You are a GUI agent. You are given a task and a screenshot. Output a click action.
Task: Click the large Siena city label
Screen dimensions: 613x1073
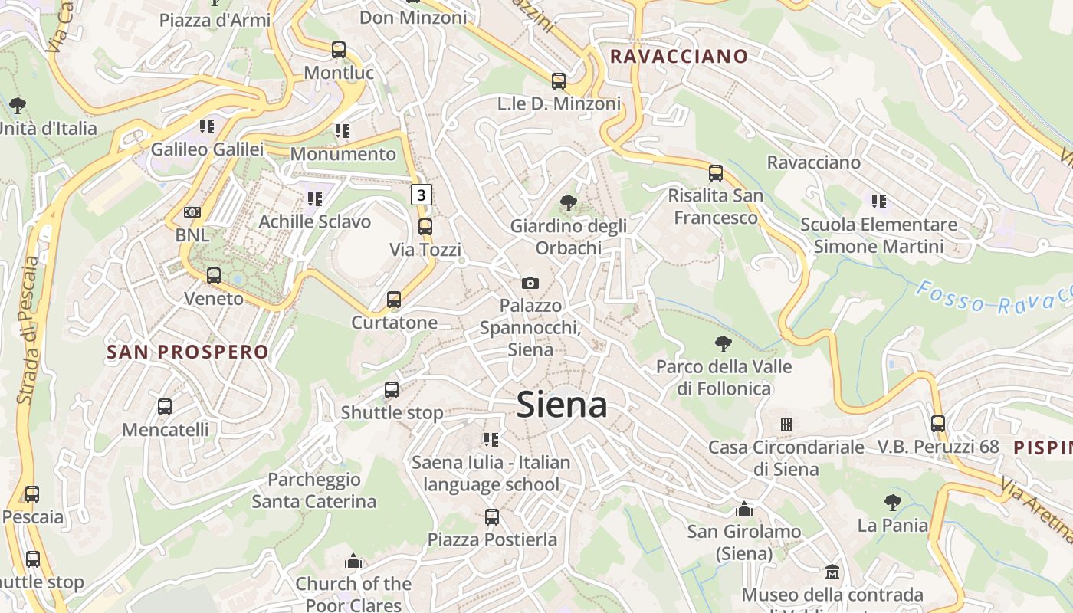coord(562,405)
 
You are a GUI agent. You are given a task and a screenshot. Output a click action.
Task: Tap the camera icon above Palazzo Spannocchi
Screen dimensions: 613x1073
coord(530,284)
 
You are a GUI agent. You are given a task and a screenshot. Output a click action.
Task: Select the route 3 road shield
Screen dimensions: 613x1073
coord(421,195)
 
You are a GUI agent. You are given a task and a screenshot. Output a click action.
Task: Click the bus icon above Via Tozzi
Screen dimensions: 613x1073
coord(425,227)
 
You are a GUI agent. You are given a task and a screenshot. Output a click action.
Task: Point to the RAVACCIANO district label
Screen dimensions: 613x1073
coord(678,56)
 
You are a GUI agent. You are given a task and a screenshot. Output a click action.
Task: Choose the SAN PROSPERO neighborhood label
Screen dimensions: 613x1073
coord(188,352)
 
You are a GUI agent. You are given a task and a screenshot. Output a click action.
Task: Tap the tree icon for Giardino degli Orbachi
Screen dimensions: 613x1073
coord(568,203)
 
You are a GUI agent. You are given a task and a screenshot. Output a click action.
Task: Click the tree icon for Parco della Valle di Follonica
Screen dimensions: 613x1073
coord(723,343)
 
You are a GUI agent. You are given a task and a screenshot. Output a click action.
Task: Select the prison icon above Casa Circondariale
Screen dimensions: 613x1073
coord(786,424)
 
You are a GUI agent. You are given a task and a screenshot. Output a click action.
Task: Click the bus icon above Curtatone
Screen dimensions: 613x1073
coord(394,300)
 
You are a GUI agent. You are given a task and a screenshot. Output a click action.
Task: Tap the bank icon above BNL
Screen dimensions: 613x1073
coord(192,212)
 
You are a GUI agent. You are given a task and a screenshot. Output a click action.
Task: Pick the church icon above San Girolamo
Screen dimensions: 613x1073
coord(743,509)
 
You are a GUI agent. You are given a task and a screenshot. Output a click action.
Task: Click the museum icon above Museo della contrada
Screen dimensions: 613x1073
coord(832,572)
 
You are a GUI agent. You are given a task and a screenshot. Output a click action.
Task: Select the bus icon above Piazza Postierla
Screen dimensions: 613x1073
coord(492,517)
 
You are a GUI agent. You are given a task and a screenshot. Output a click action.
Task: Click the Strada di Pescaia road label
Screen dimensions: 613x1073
coord(28,329)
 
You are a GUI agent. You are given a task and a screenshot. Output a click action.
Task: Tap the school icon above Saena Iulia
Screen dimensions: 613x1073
coord(491,440)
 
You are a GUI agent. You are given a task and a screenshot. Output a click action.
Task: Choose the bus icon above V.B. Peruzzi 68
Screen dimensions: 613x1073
coord(938,423)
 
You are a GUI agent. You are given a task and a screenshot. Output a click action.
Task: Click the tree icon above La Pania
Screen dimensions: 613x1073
coord(892,503)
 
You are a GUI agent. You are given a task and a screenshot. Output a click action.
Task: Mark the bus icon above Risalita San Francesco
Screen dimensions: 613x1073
coord(716,173)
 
